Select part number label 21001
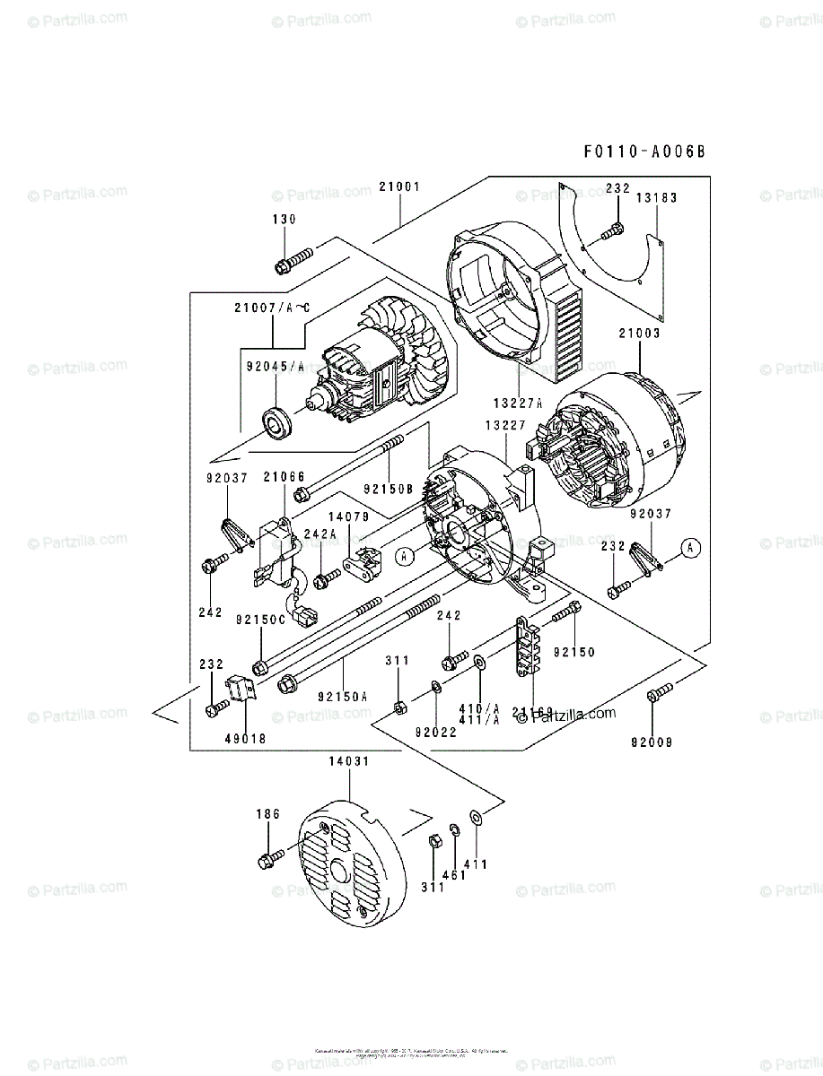(399, 187)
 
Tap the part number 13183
(657, 198)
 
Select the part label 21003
(639, 334)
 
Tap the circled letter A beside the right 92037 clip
(689, 546)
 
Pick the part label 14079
(349, 516)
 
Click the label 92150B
(388, 490)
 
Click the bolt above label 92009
(659, 693)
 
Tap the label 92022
(436, 732)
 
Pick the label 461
(454, 874)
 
